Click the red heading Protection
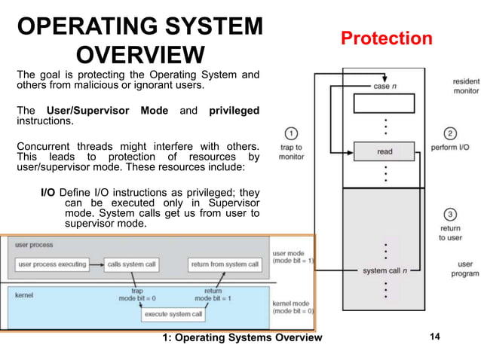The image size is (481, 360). click(x=387, y=38)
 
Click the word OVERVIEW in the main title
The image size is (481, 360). click(x=141, y=55)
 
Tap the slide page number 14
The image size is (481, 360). click(x=434, y=337)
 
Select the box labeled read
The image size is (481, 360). click(x=384, y=151)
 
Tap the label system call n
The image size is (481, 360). click(x=385, y=270)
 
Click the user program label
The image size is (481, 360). click(x=464, y=269)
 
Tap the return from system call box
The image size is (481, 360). click(x=225, y=264)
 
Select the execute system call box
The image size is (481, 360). click(x=173, y=313)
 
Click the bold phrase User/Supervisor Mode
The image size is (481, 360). click(x=107, y=111)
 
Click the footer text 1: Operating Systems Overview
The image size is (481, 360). click(x=242, y=337)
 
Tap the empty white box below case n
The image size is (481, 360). click(x=384, y=106)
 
